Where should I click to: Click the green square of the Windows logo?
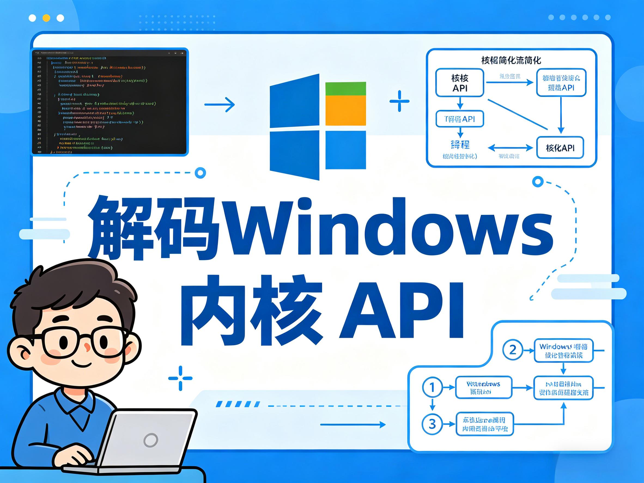pos(346,89)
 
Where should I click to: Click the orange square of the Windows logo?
pos(346,111)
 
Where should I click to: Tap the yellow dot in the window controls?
pos(46,18)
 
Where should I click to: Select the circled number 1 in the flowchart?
pos(432,387)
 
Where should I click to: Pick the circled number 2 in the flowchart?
pos(512,350)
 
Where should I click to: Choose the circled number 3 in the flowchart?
pos(432,424)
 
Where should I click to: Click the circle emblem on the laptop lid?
pos(151,440)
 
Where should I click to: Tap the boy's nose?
pos(87,347)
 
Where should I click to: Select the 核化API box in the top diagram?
pos(560,148)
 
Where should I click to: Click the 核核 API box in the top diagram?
pos(460,83)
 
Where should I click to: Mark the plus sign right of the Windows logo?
pos(399,101)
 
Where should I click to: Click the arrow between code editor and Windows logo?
pos(220,105)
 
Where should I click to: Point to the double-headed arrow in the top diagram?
pos(510,148)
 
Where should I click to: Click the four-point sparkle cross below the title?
pos(180,378)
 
